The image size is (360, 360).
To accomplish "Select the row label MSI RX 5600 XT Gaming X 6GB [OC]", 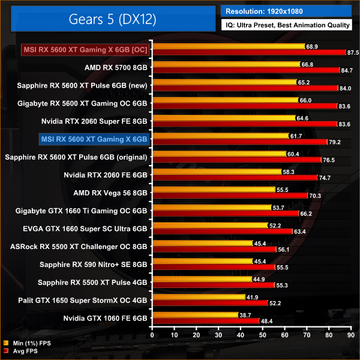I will click(x=85, y=49).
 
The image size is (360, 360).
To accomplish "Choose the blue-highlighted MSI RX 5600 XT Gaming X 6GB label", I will click(x=94, y=139).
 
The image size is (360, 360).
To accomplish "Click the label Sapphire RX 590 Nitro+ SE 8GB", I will click(x=93, y=265).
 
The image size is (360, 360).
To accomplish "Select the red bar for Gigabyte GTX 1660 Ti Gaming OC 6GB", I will click(x=226, y=213).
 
